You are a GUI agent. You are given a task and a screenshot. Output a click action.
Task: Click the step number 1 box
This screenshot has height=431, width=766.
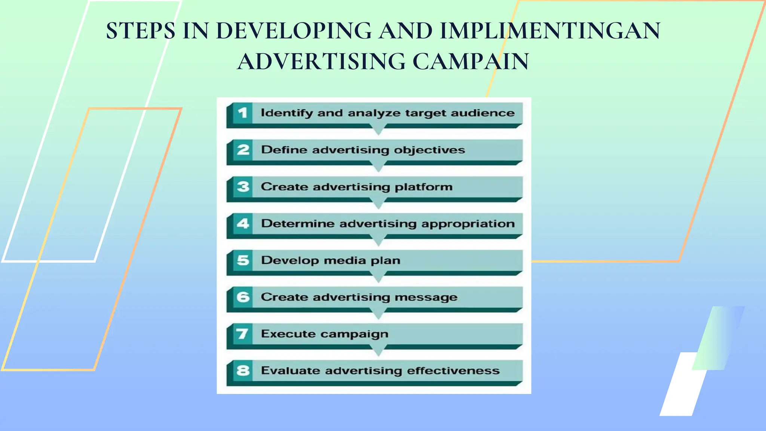tap(243, 113)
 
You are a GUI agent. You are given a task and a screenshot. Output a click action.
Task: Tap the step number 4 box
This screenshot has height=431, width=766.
tap(243, 223)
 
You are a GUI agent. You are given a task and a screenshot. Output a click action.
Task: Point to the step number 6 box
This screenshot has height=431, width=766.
tap(243, 297)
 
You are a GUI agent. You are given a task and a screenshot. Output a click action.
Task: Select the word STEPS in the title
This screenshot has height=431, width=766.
tap(141, 31)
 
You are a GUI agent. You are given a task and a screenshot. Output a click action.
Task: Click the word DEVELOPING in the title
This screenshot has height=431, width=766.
tap(294, 31)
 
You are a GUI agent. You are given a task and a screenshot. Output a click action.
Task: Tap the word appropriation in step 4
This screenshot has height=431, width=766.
tap(468, 224)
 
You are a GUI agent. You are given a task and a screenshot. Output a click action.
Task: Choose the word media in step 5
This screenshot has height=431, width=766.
tap(345, 260)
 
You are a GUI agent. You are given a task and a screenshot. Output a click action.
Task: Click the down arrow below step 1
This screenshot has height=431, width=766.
tap(379, 131)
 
